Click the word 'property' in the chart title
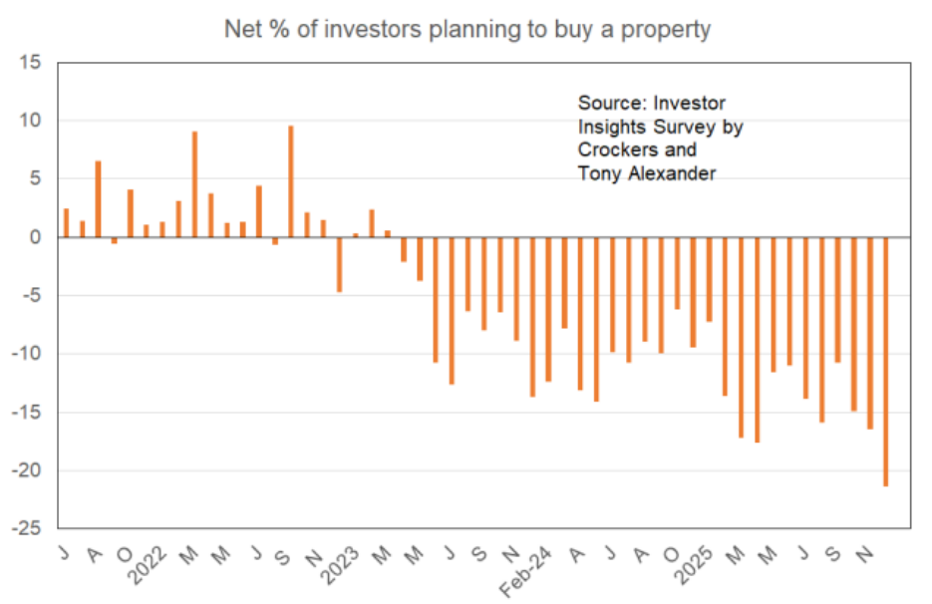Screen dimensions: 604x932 [666, 30]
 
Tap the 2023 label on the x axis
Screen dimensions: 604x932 [342, 564]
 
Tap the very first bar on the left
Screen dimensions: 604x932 [66, 223]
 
